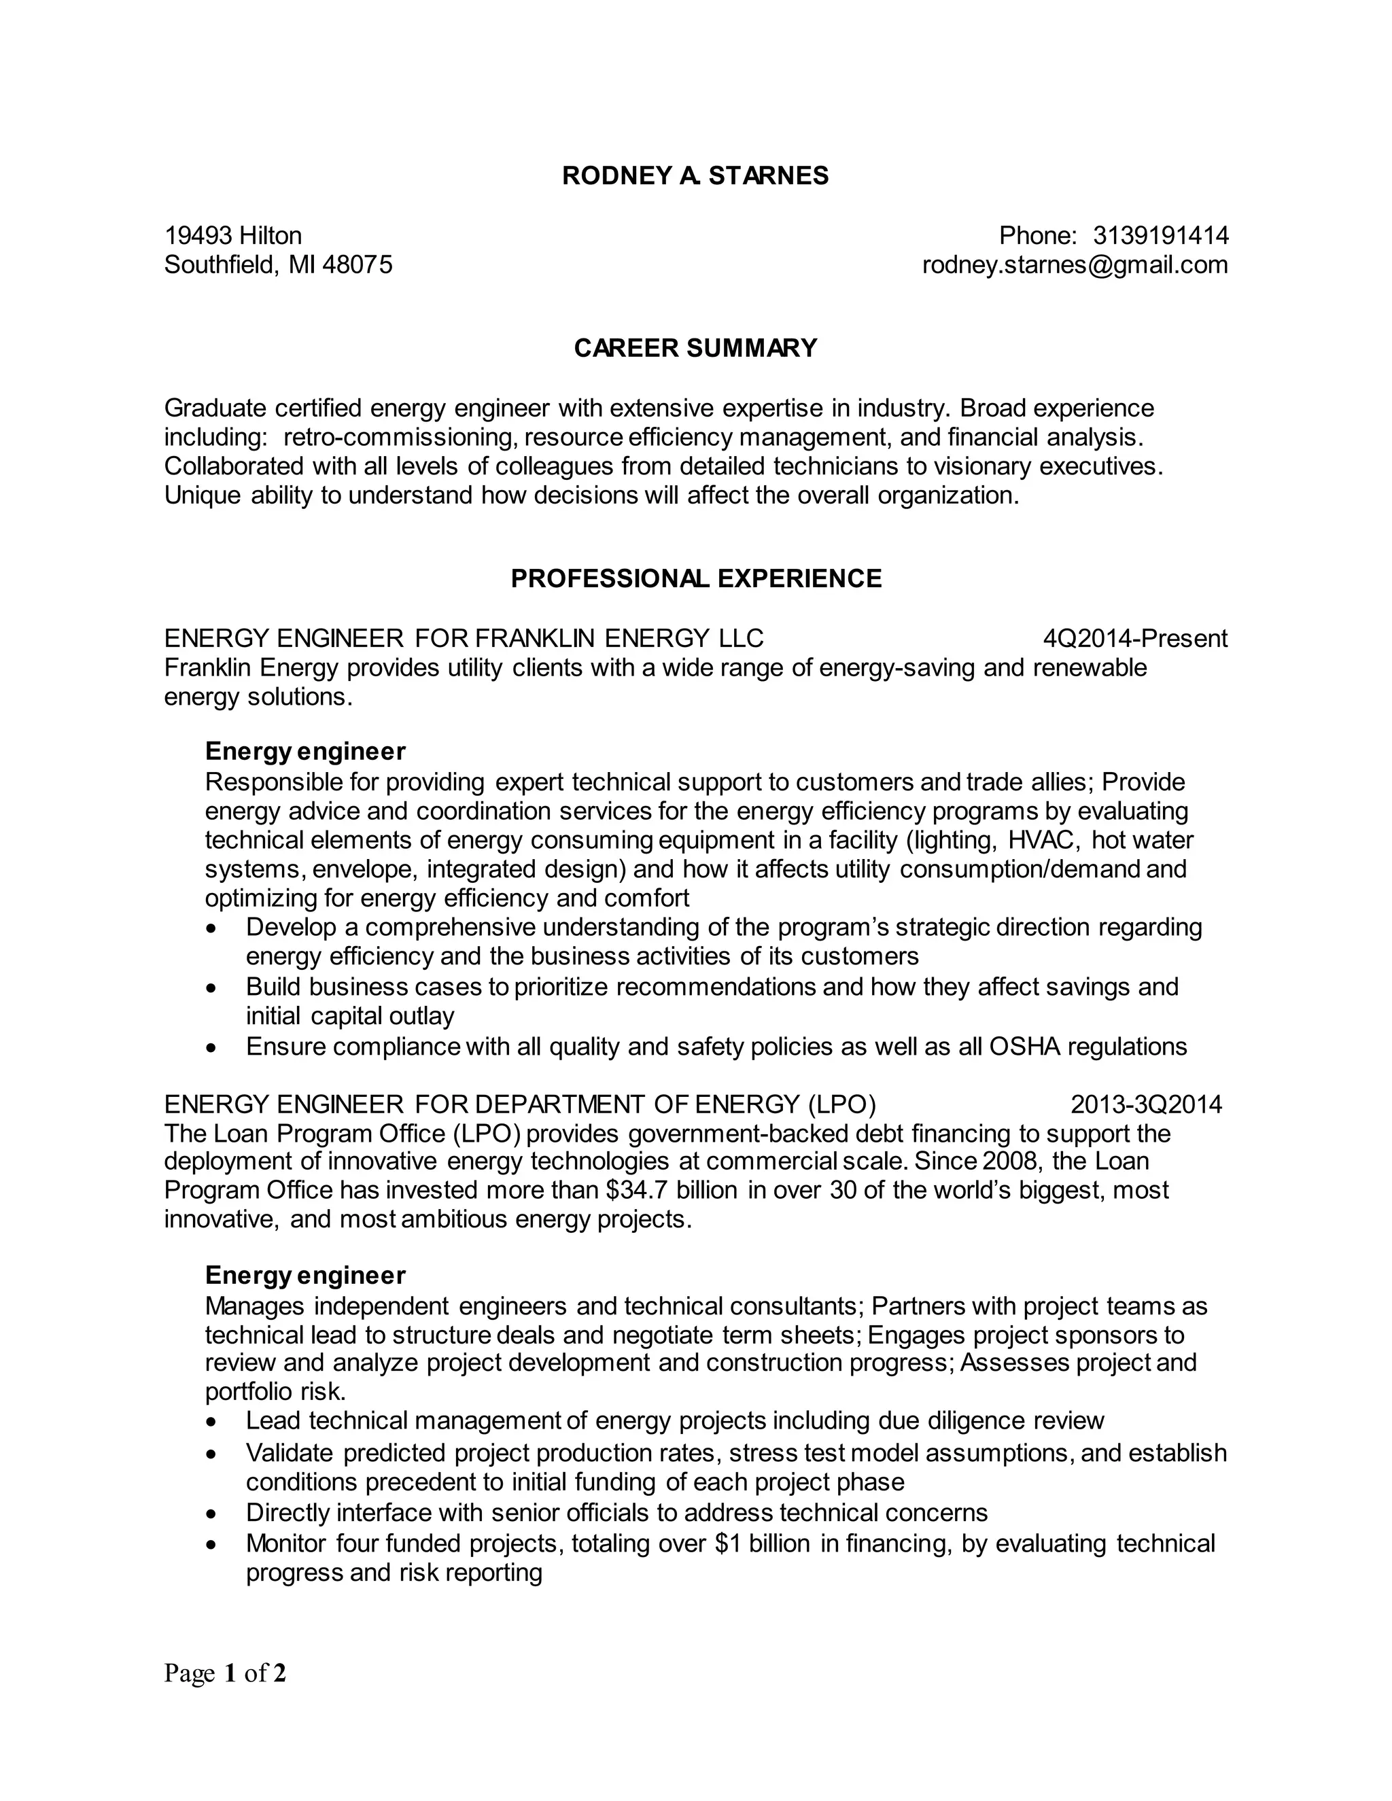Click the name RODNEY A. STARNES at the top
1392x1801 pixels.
click(695, 175)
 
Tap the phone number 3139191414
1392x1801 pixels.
click(1160, 236)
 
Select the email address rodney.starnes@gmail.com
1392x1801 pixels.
click(1075, 264)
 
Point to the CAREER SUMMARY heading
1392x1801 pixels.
click(695, 348)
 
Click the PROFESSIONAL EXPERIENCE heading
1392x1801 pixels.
click(695, 578)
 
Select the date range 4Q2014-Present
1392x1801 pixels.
click(1134, 638)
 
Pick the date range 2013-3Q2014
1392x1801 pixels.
click(1146, 1104)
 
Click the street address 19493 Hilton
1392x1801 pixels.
click(233, 236)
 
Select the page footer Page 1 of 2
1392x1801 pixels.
click(225, 1673)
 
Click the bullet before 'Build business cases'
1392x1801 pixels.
click(213, 987)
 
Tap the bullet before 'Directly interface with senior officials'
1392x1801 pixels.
click(213, 1514)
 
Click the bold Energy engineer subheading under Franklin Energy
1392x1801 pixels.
click(305, 751)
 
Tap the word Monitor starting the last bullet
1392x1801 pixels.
click(285, 1543)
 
